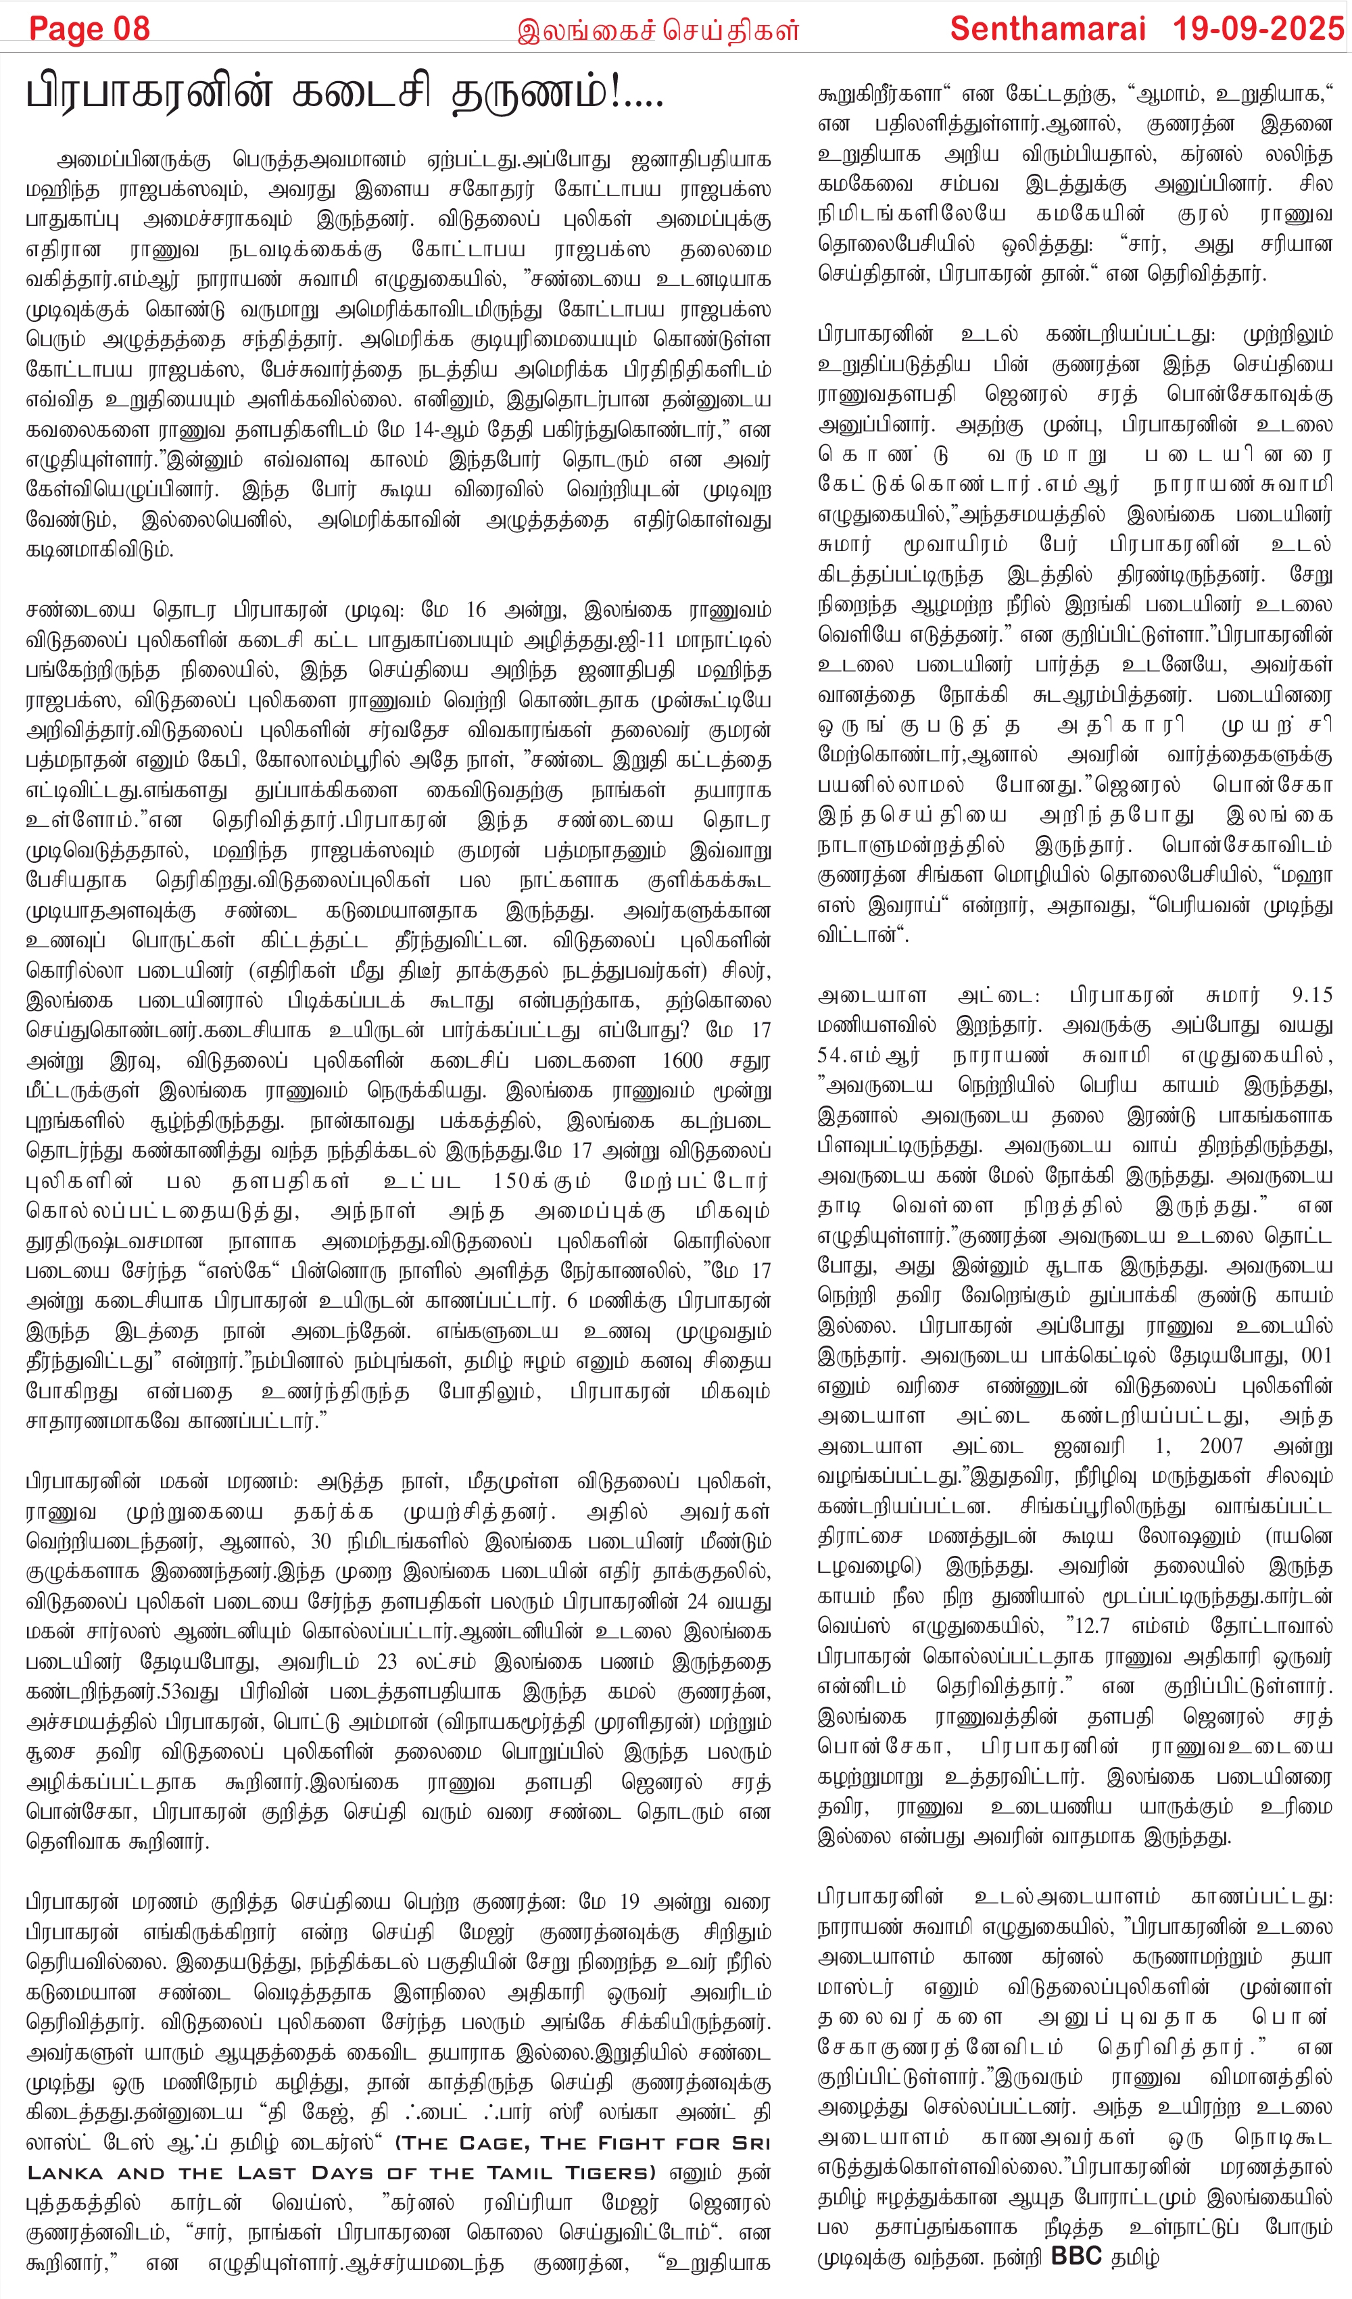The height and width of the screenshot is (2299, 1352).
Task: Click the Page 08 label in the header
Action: pos(89,28)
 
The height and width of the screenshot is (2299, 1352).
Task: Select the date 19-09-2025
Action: pos(1258,28)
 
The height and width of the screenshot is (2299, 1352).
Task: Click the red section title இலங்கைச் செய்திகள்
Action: pos(658,31)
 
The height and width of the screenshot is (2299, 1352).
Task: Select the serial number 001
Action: pos(1316,1356)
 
